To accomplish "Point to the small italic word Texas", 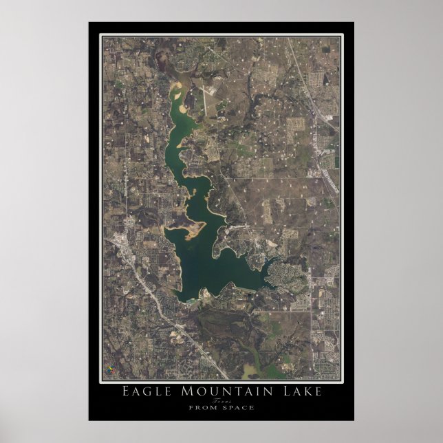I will coord(221,401).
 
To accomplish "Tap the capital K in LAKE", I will coord(303,392).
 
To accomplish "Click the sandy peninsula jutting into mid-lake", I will coord(189,228).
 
